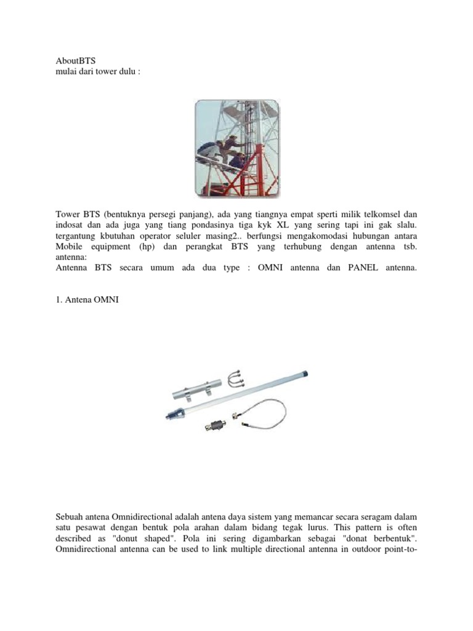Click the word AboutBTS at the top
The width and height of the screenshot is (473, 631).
click(x=76, y=61)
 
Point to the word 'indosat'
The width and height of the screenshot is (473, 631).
click(x=69, y=225)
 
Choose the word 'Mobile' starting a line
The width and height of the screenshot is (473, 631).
click(x=70, y=247)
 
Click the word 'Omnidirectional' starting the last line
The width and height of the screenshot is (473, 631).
click(x=87, y=548)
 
